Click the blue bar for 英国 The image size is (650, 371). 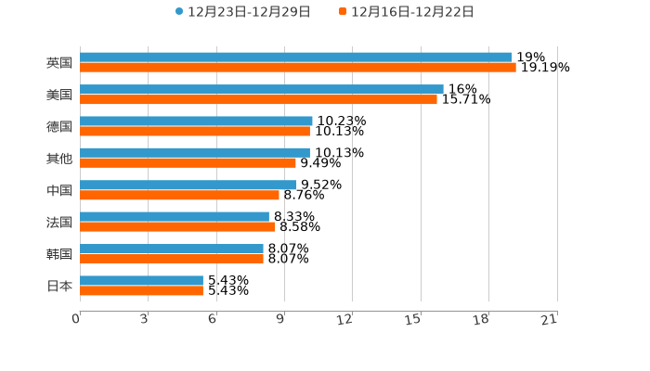point(295,58)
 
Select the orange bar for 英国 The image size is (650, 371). point(297,68)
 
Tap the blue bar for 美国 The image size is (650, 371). point(261,89)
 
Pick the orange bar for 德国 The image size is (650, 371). point(195,131)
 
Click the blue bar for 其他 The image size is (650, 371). point(195,153)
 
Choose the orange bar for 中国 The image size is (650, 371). point(179,195)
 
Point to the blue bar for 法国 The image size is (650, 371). point(175,217)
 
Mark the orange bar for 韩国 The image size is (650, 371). point(172,259)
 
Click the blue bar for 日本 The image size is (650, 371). point(141,280)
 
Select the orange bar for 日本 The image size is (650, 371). point(141,290)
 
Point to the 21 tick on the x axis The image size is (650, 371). point(550,319)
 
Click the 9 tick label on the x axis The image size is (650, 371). point(279,319)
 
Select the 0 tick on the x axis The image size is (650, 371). point(76,319)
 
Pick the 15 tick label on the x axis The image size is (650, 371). point(413,319)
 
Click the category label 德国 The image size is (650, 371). point(59,126)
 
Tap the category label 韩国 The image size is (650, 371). point(59,254)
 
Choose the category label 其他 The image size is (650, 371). point(59,159)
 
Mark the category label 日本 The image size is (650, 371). point(59,286)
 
